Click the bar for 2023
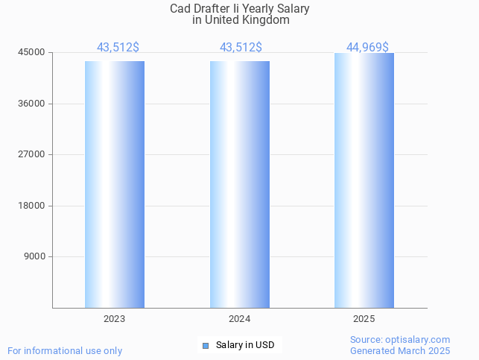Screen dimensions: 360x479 pyautogui.click(x=115, y=184)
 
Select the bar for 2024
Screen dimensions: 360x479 pyautogui.click(x=240, y=184)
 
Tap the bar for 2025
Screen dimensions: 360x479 pyautogui.click(x=364, y=180)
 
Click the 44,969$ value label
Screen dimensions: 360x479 pyautogui.click(x=367, y=48)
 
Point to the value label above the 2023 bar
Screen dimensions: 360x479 pyautogui.click(x=118, y=48)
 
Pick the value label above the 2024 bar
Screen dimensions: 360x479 pyautogui.click(x=241, y=48)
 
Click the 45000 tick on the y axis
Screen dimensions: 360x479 pyautogui.click(x=33, y=52)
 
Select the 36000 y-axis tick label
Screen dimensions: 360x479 pyautogui.click(x=33, y=104)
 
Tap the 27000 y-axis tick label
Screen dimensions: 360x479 pyautogui.click(x=33, y=154)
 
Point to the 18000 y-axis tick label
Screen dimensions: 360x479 pyautogui.click(x=33, y=206)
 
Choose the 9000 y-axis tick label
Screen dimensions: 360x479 pyautogui.click(x=36, y=256)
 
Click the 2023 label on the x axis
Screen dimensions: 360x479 pyautogui.click(x=115, y=319)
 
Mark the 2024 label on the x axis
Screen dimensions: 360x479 pyautogui.click(x=240, y=319)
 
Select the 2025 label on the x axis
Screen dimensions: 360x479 pyautogui.click(x=364, y=319)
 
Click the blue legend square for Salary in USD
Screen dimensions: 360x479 pyautogui.click(x=206, y=345)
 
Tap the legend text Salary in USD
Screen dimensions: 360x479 pyautogui.click(x=245, y=345)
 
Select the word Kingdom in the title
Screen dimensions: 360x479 pyautogui.click(x=266, y=20)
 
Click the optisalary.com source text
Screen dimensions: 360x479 pyautogui.click(x=400, y=340)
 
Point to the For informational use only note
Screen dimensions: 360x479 pyautogui.click(x=65, y=350)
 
